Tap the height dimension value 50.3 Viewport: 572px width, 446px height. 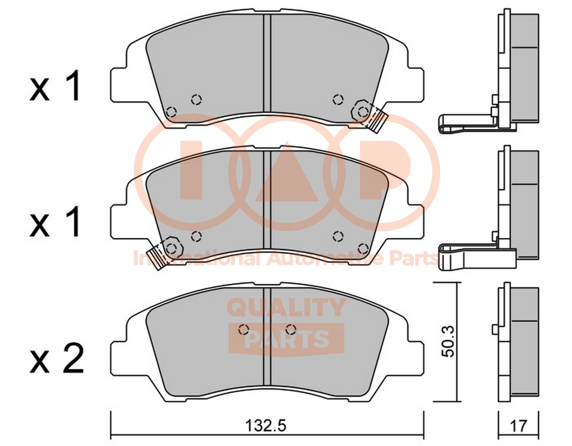point(448,341)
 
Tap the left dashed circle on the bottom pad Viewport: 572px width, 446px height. point(243,329)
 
